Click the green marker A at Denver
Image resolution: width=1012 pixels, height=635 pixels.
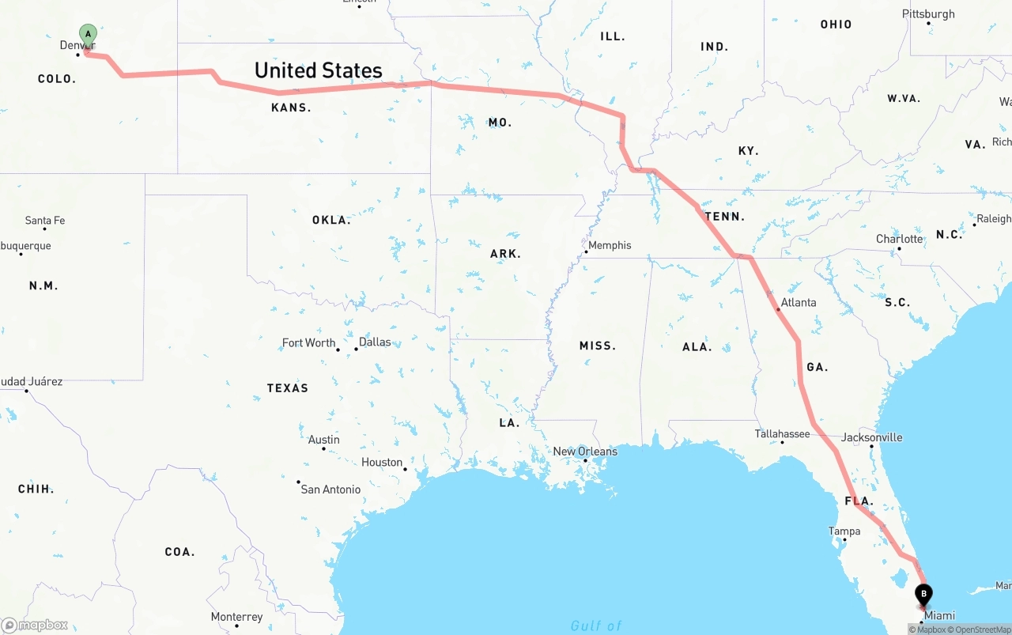(x=88, y=34)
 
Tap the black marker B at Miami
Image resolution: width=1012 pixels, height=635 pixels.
(x=923, y=594)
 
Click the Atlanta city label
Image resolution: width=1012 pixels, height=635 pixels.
(x=799, y=302)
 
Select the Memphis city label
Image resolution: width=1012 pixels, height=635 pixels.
(x=610, y=245)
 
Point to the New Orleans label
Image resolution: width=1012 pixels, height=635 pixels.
(x=585, y=452)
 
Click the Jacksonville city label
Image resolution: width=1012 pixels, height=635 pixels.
(x=871, y=437)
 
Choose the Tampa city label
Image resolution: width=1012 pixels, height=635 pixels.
(x=844, y=531)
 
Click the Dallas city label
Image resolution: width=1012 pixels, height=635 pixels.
(x=375, y=342)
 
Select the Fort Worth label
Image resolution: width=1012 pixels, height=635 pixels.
(x=308, y=342)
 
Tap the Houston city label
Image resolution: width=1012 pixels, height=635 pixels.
(x=382, y=463)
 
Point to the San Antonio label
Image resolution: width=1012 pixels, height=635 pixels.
(x=330, y=489)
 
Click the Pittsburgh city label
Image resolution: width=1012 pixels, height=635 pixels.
(x=928, y=14)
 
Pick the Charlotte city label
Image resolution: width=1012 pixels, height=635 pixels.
(x=899, y=239)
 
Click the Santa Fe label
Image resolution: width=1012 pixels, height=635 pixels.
(x=45, y=221)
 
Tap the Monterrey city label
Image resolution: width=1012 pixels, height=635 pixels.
(x=236, y=617)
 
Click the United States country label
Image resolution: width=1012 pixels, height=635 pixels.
(x=318, y=70)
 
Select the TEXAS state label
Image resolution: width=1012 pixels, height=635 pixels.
(x=287, y=388)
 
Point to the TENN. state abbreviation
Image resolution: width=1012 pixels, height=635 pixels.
(x=724, y=217)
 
